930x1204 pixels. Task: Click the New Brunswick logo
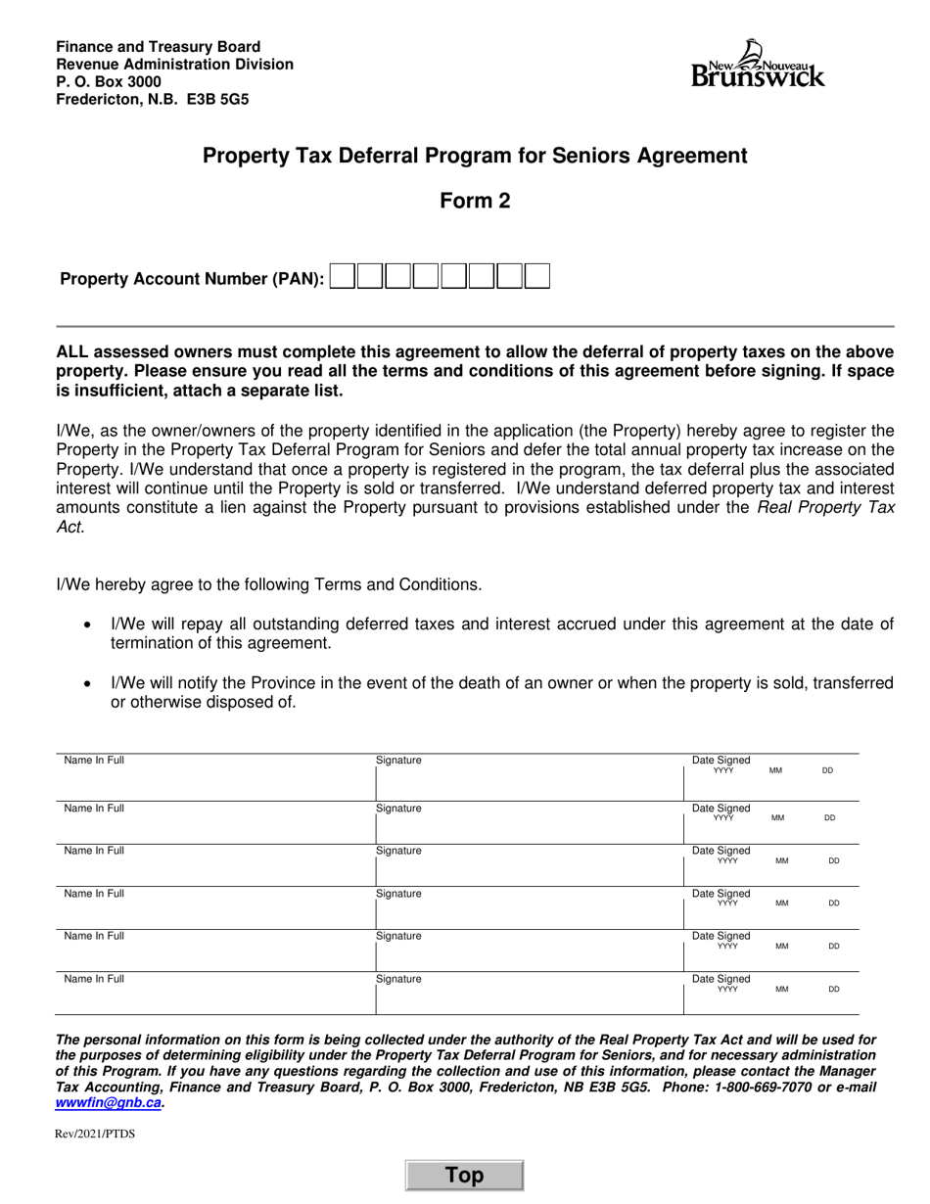pos(758,65)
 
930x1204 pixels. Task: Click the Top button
pos(465,1176)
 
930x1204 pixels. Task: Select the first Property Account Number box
pos(343,277)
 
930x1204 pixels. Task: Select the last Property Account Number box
pos(536,277)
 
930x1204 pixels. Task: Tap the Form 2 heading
pos(475,201)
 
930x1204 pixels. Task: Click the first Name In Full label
pos(94,760)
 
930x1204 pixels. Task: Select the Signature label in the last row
pos(398,979)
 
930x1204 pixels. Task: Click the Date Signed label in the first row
pos(721,760)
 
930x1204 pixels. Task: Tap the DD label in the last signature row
pos(834,990)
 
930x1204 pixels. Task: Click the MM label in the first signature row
pos(775,771)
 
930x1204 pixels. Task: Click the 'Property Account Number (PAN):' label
pos(192,279)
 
